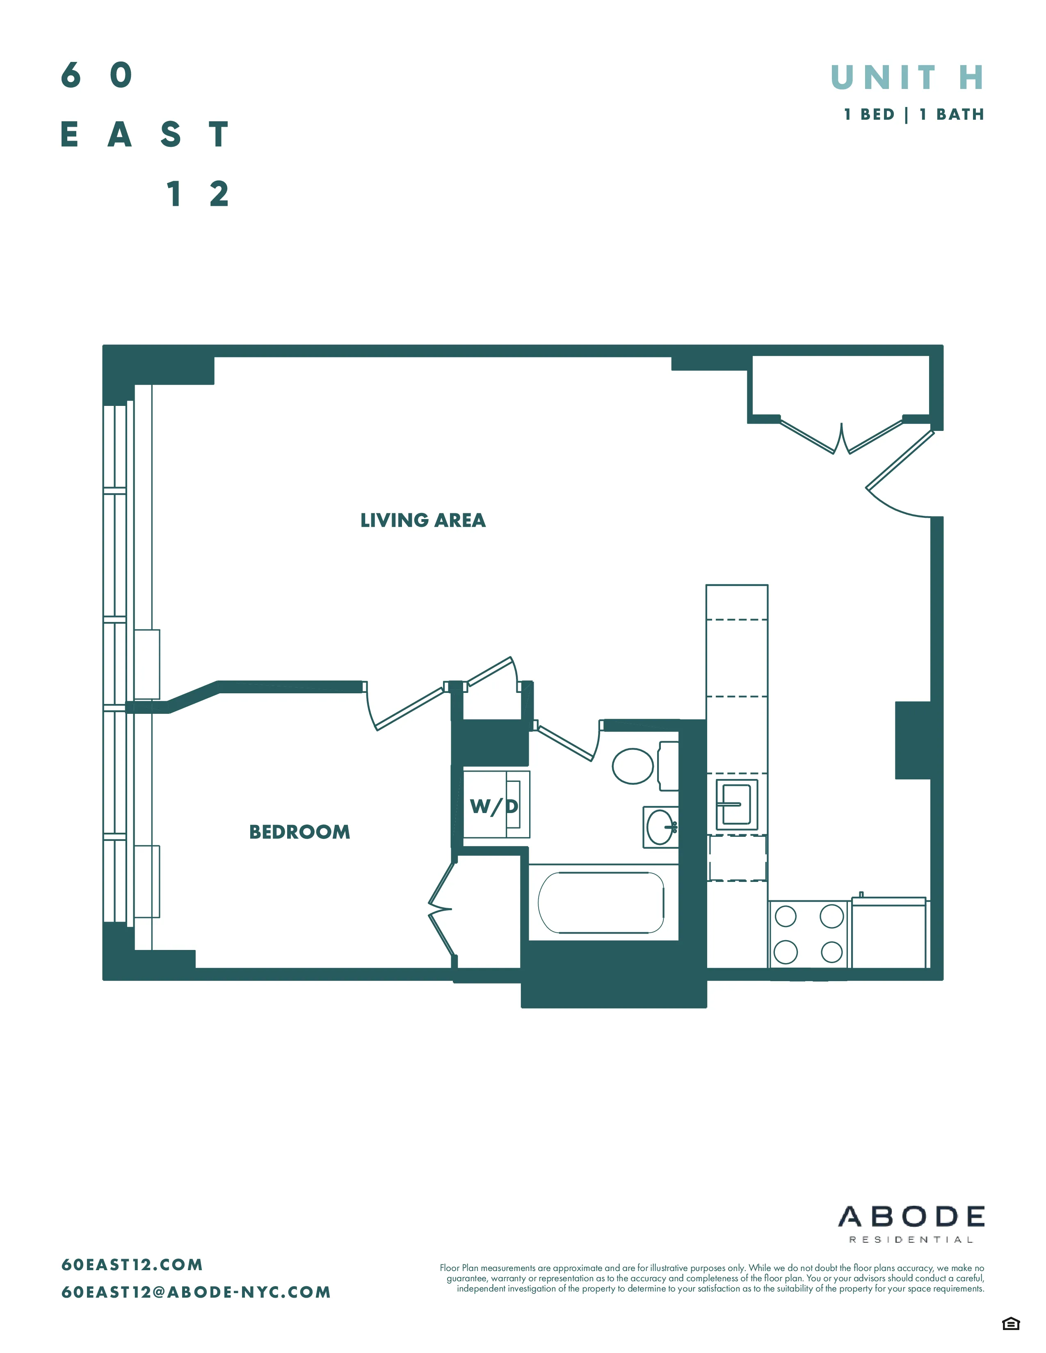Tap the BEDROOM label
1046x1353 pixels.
[x=299, y=832]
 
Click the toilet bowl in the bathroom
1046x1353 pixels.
[x=633, y=766]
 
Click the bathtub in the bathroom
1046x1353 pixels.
[x=601, y=903]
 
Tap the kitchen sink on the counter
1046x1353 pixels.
[x=736, y=804]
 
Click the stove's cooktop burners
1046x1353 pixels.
[x=808, y=934]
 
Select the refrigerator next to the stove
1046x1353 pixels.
[x=888, y=934]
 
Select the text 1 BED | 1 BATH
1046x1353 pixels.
[x=914, y=115]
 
